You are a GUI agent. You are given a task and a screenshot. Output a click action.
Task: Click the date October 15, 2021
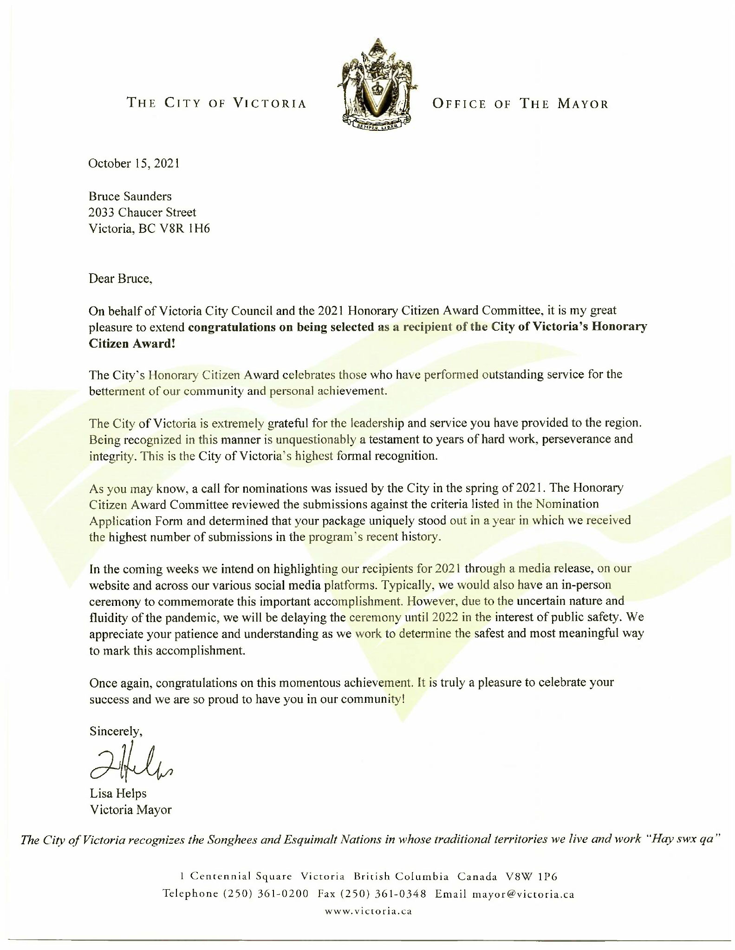click(134, 164)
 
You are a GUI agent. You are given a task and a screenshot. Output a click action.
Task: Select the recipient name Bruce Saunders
click(130, 196)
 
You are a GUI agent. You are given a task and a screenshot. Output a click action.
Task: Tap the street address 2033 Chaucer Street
click(143, 212)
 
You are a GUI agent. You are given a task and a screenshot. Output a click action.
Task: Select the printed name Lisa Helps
click(118, 794)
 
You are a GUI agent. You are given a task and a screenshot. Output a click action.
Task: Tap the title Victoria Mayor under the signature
click(130, 810)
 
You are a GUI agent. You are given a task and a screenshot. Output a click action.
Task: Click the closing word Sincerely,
click(116, 732)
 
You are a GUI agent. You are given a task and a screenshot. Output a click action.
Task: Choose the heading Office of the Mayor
click(520, 103)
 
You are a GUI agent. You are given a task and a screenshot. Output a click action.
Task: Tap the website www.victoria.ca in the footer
click(368, 911)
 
